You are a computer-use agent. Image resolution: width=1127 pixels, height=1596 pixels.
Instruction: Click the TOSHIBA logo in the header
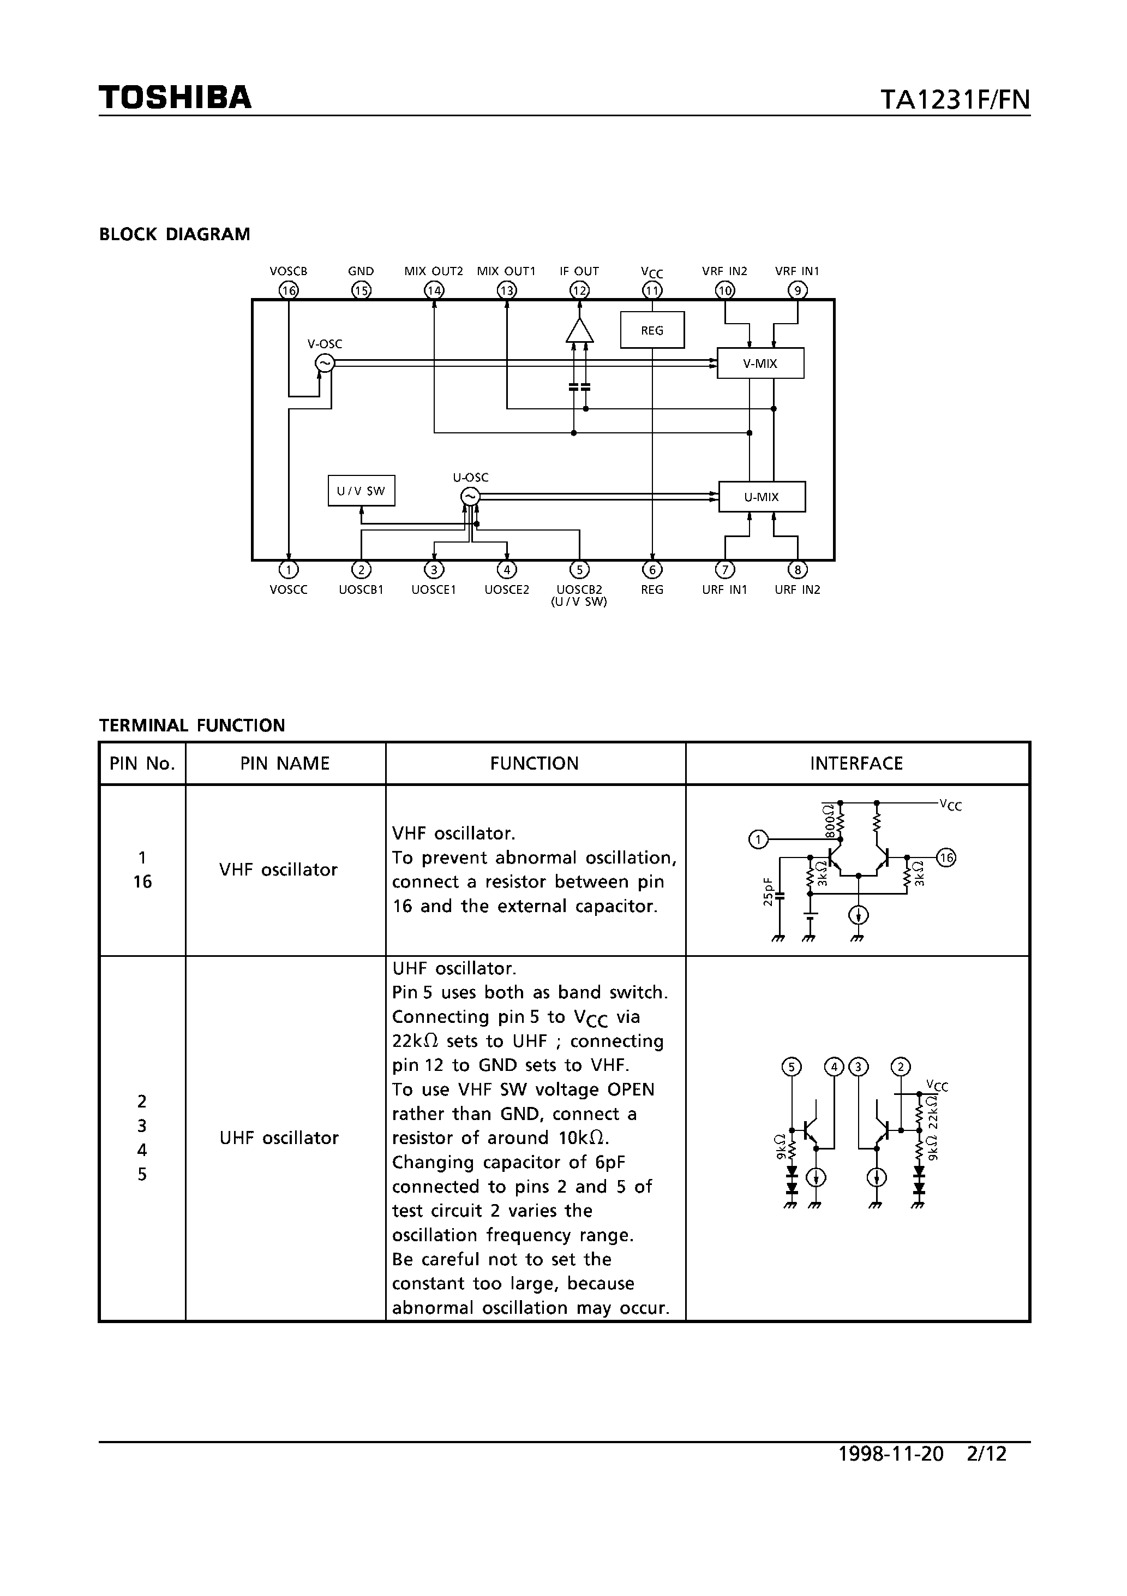[175, 97]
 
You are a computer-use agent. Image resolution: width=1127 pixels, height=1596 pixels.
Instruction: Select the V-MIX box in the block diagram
[760, 364]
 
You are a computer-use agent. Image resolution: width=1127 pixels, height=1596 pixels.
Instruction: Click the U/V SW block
[361, 491]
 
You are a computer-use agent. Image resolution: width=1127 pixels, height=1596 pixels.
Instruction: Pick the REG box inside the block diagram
[652, 330]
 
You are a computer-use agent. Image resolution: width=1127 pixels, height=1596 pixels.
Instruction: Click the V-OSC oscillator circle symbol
[325, 363]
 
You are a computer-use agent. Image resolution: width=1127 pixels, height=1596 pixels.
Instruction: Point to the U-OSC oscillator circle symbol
[470, 496]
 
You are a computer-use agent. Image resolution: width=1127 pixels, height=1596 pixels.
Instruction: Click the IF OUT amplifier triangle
[579, 331]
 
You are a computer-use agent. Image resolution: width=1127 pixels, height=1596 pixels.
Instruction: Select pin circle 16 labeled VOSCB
[289, 290]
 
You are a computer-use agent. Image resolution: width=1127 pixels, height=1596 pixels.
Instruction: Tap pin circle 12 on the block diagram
[579, 290]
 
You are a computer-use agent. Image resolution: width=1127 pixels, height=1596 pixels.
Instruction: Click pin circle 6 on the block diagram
[652, 570]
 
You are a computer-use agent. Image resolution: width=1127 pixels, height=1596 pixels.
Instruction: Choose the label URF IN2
[798, 589]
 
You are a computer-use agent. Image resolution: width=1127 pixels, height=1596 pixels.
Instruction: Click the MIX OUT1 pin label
[507, 271]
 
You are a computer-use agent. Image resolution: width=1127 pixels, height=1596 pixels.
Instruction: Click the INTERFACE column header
[856, 763]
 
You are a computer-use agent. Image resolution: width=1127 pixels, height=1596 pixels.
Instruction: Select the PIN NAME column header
[285, 763]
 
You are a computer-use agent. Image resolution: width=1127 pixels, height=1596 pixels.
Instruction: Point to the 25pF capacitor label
[768, 892]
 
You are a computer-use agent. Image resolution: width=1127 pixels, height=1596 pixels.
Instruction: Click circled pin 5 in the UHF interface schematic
[792, 1067]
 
